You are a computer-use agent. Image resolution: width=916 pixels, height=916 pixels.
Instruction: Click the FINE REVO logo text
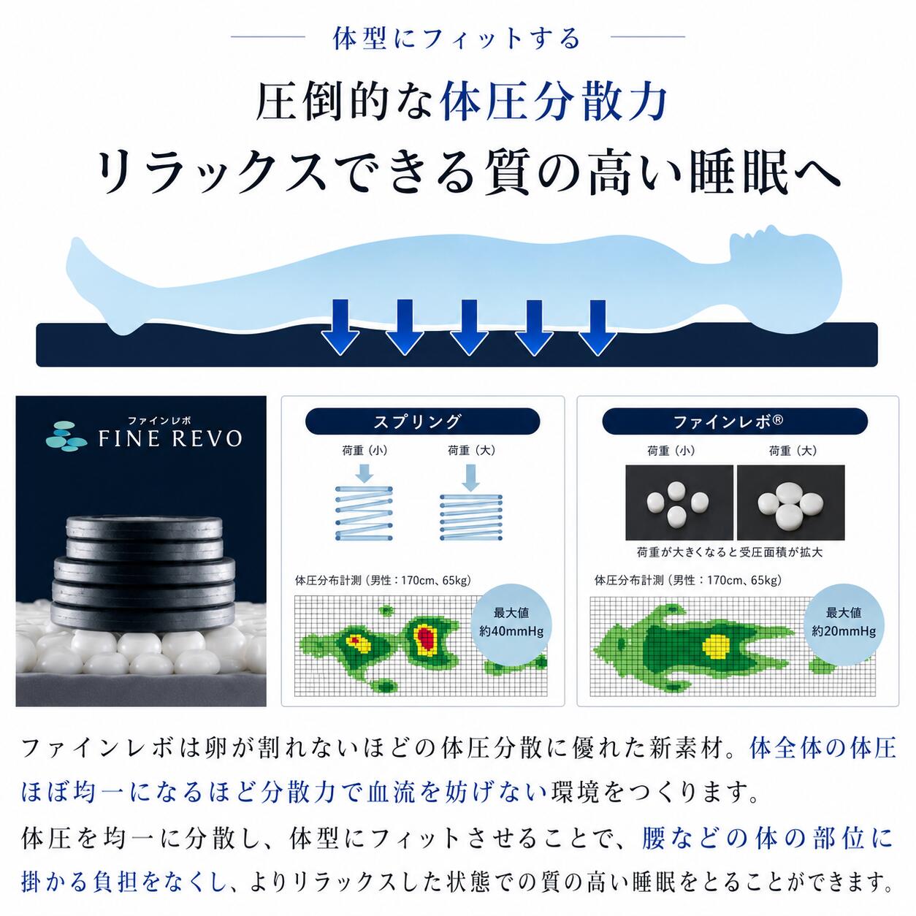[x=170, y=439]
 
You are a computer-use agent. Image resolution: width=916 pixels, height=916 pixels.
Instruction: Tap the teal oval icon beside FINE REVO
[x=66, y=436]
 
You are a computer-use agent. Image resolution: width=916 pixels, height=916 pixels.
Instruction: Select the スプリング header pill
[x=423, y=421]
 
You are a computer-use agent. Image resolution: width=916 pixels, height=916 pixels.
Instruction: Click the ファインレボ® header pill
[x=735, y=421]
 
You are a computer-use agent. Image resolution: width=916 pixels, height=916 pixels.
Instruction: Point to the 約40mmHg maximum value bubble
[x=511, y=622]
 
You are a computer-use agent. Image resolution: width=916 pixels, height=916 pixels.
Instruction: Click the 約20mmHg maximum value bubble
[x=844, y=622]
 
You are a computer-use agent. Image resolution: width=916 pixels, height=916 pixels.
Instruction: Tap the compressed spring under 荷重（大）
[x=471, y=517]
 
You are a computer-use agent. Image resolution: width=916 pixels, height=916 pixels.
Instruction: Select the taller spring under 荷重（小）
[x=364, y=513]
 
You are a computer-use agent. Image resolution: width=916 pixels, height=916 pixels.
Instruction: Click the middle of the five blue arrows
[x=469, y=327]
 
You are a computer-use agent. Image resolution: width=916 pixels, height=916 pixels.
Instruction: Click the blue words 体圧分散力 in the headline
[x=554, y=102]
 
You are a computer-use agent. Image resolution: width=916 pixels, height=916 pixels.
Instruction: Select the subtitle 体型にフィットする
[x=457, y=39]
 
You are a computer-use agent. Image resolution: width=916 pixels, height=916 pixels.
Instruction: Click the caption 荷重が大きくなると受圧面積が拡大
[x=730, y=552]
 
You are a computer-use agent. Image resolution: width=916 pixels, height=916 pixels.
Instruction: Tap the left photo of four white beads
[x=679, y=503]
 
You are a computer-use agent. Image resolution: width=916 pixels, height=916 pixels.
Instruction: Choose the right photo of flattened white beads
[x=791, y=503]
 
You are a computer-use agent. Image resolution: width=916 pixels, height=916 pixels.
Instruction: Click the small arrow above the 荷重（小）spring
[x=364, y=473]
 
